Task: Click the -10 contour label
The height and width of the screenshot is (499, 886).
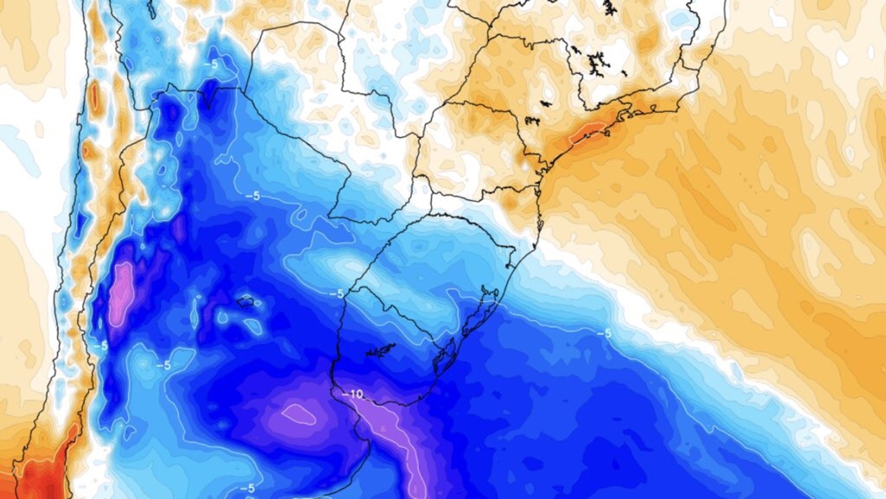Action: point(355,394)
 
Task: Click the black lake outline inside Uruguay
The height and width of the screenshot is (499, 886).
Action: point(380,350)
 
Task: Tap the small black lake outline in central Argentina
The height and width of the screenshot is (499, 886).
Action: point(246,302)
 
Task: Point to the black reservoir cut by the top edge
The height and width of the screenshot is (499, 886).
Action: point(609,8)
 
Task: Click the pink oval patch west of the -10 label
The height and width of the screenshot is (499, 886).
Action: point(299,415)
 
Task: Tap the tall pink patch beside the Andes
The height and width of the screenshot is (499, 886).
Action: point(121,294)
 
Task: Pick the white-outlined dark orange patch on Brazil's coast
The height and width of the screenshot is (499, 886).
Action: point(585,132)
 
